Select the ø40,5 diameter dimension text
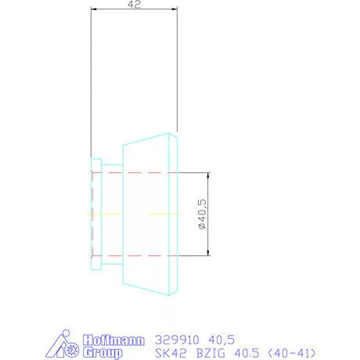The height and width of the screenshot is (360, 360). (x=202, y=214)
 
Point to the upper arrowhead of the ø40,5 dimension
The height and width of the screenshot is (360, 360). (x=209, y=175)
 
